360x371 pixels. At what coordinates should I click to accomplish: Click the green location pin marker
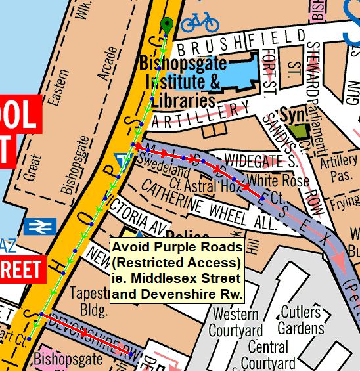167,26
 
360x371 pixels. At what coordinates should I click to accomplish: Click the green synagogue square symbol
300,131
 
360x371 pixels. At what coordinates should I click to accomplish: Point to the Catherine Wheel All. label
210,204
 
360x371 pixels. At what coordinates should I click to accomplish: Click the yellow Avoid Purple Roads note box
177,270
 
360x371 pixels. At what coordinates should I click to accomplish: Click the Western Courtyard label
236,322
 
